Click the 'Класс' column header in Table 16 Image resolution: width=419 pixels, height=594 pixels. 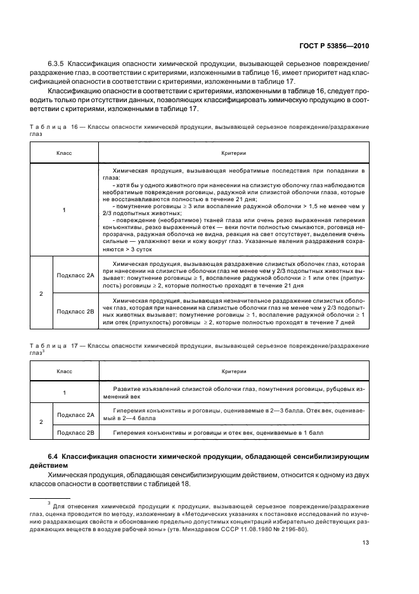(65, 154)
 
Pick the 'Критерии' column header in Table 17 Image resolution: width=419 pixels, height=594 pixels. (233, 371)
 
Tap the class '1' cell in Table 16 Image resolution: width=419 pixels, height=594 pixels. (65, 209)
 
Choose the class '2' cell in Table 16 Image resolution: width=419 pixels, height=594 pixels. (42, 293)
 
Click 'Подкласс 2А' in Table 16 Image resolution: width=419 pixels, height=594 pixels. (75, 275)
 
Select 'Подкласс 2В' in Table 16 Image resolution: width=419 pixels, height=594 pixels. (75, 311)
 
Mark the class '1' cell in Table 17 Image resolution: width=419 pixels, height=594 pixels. (65, 392)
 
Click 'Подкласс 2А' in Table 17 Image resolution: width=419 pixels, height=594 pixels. (75, 414)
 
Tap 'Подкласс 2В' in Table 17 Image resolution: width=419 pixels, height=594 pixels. (75, 433)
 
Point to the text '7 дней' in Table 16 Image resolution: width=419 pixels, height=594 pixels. (353, 323)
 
